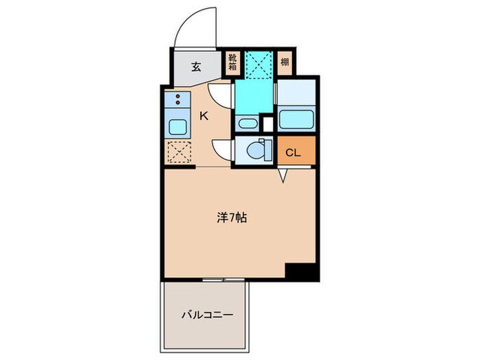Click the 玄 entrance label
click(x=196, y=67)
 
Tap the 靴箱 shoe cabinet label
click(x=232, y=62)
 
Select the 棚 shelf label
click(x=285, y=62)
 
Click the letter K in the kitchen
click(x=204, y=116)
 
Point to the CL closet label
click(x=293, y=153)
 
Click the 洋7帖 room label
click(x=232, y=217)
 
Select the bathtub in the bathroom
click(x=296, y=120)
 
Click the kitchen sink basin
click(x=178, y=127)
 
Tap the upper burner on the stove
click(x=178, y=96)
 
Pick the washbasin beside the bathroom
click(x=248, y=123)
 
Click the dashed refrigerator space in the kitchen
click(x=180, y=152)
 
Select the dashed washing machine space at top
click(x=259, y=65)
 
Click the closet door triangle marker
click(x=283, y=176)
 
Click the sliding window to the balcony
click(x=224, y=280)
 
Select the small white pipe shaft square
click(x=268, y=124)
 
